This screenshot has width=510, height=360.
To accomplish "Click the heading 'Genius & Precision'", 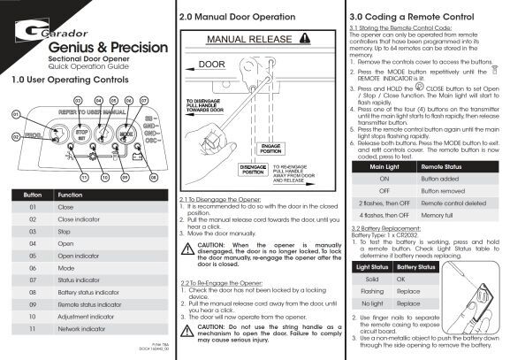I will click(x=83, y=47).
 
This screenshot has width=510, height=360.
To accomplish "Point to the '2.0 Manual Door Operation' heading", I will click(x=236, y=16).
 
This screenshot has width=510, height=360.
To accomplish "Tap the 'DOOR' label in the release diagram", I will click(x=212, y=65).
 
